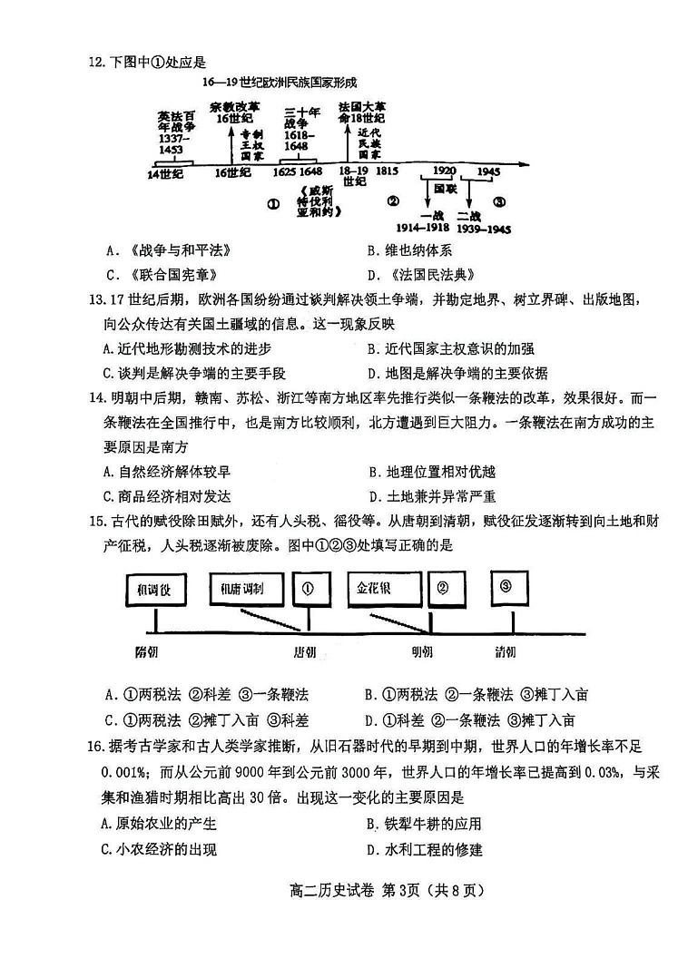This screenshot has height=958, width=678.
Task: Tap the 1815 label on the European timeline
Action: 387,171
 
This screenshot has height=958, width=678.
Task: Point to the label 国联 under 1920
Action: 445,189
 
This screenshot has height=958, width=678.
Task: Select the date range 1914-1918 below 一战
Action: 428,229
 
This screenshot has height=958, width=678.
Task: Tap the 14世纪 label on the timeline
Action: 165,171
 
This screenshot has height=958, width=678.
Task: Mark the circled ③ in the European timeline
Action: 499,201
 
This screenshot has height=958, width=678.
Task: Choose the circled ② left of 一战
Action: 393,201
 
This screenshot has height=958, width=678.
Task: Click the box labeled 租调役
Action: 155,591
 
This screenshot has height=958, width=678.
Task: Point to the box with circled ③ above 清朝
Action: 506,586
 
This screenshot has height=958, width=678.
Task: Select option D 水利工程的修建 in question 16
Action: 424,849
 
